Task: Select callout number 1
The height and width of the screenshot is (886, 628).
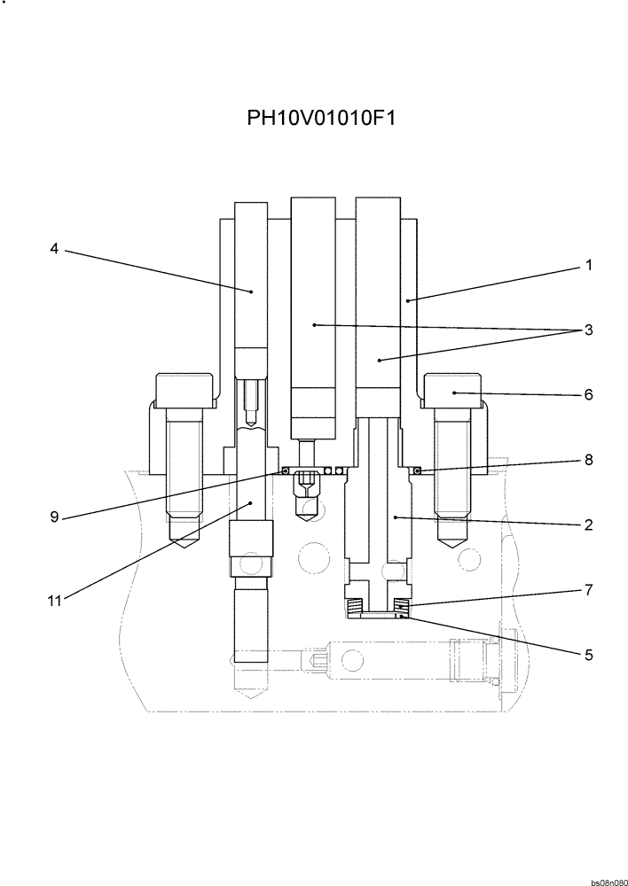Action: point(588,265)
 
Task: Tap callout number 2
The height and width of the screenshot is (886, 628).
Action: point(588,525)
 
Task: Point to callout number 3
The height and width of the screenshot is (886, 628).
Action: point(588,330)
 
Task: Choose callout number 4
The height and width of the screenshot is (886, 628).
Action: point(54,250)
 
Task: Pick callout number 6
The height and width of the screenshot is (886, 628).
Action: point(588,395)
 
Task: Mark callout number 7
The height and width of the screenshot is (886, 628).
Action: point(588,589)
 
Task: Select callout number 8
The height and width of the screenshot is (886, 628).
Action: point(588,460)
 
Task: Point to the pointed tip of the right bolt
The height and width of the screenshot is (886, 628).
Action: point(453,541)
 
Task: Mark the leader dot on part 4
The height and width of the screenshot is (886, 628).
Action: point(252,291)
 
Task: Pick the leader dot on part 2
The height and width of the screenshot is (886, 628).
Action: point(395,516)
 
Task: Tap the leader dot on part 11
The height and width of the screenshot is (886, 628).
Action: point(252,502)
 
